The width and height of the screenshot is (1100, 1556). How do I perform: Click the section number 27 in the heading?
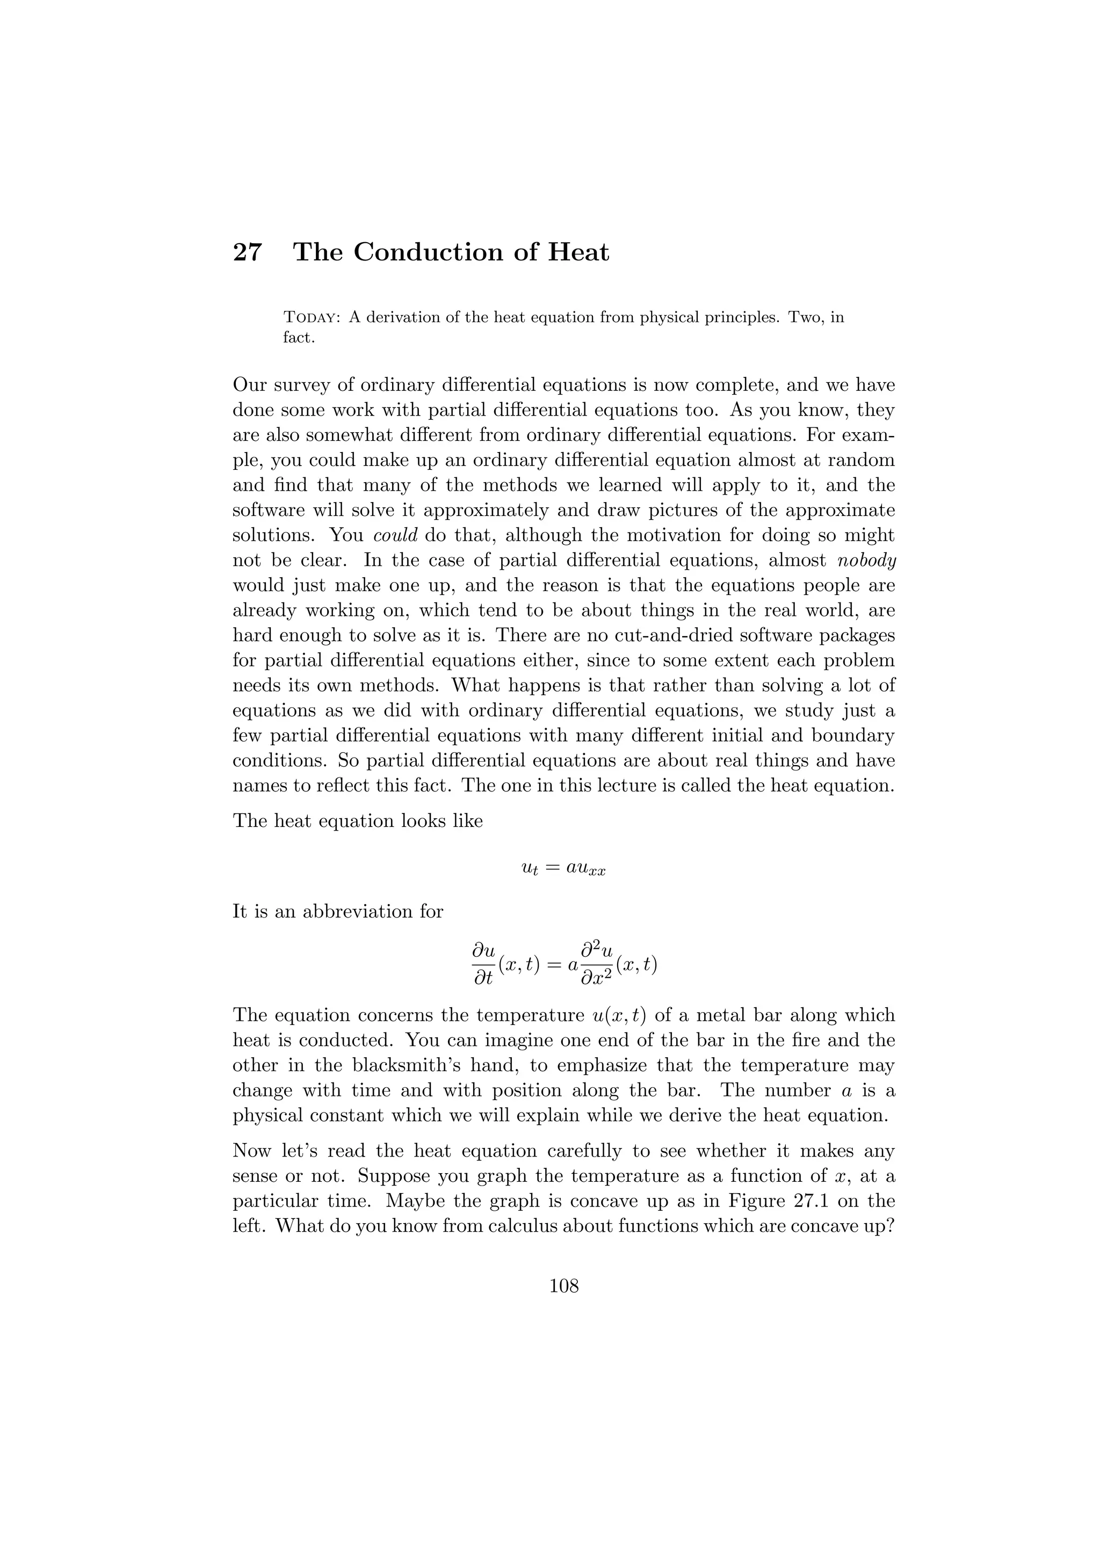click(248, 253)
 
